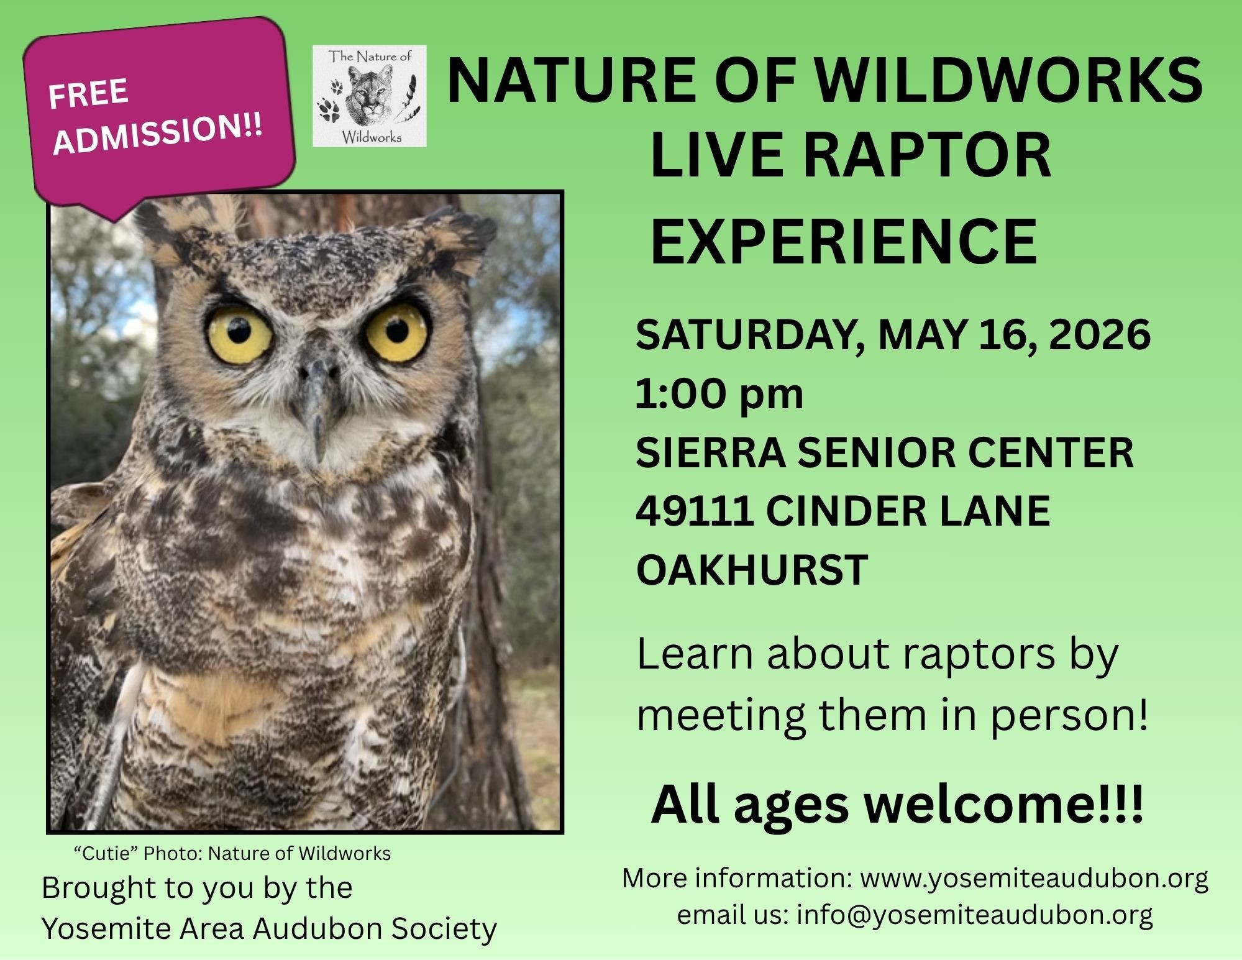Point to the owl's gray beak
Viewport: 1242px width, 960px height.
[x=316, y=404]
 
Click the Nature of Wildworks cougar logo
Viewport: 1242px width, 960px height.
[x=370, y=96]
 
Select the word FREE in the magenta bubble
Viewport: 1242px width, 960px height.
[x=88, y=93]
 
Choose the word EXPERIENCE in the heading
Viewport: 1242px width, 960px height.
[x=843, y=241]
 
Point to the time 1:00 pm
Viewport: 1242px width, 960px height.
[x=719, y=394]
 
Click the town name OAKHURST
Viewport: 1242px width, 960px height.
[x=751, y=569]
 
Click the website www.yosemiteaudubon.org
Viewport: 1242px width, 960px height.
[x=1034, y=879]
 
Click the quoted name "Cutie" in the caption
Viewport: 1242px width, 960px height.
[x=105, y=853]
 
